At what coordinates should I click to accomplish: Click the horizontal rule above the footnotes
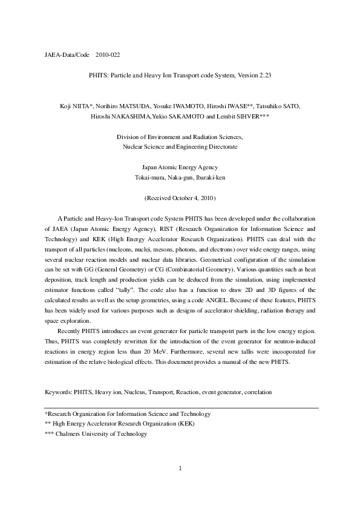pyautogui.click(x=182, y=407)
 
